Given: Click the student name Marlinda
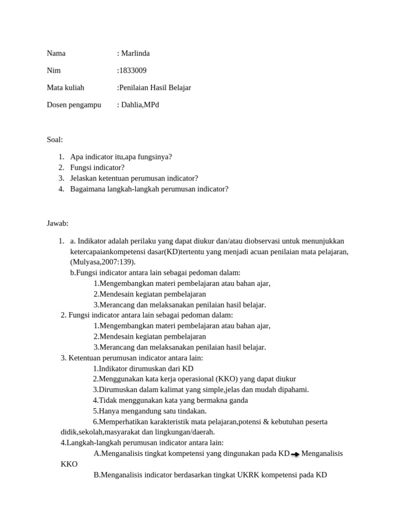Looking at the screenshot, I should tap(135, 53).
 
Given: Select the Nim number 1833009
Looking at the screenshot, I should tap(133, 71).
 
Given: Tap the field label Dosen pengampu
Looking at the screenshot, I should tap(74, 105).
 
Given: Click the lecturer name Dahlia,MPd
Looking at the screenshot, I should tap(140, 105).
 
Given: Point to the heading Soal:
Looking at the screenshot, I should tap(54, 139).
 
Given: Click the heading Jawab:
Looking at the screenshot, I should tap(58, 223).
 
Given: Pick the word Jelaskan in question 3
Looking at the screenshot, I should tap(84, 178).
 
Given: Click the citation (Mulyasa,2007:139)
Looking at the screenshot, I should tap(103, 262).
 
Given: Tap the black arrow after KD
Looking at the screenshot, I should tap(295, 454).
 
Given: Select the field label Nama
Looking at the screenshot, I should tap(56, 53).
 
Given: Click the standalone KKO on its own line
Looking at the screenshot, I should tap(69, 464).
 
